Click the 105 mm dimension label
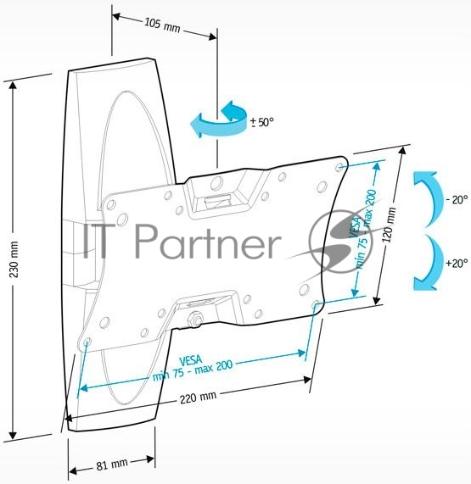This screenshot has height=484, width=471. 162,25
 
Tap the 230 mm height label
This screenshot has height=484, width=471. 14,259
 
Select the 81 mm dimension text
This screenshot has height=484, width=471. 112,465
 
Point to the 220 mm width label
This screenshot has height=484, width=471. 198,398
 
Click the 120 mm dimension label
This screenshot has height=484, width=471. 389,225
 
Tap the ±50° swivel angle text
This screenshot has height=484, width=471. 262,123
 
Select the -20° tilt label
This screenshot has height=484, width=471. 457,200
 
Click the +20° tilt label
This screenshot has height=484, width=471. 457,264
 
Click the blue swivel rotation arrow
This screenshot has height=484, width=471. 219,119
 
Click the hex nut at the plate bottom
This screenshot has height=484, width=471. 194,319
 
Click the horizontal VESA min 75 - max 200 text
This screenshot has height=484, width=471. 193,368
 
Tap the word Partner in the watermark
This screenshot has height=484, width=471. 208,241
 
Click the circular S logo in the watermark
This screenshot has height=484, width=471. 341,241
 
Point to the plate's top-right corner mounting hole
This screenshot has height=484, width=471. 339,168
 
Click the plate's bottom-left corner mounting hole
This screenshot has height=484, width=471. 87,342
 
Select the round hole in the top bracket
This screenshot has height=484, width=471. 216,183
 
